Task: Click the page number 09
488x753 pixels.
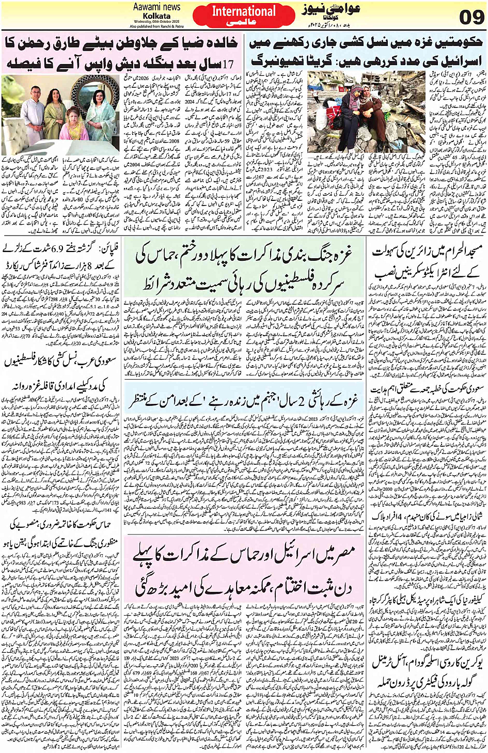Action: [471, 18]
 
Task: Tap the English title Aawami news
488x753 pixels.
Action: [156, 7]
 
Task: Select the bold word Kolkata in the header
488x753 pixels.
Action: [156, 16]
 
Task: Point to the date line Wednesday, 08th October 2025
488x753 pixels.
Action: [156, 22]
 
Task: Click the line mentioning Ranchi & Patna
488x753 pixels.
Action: [156, 26]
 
